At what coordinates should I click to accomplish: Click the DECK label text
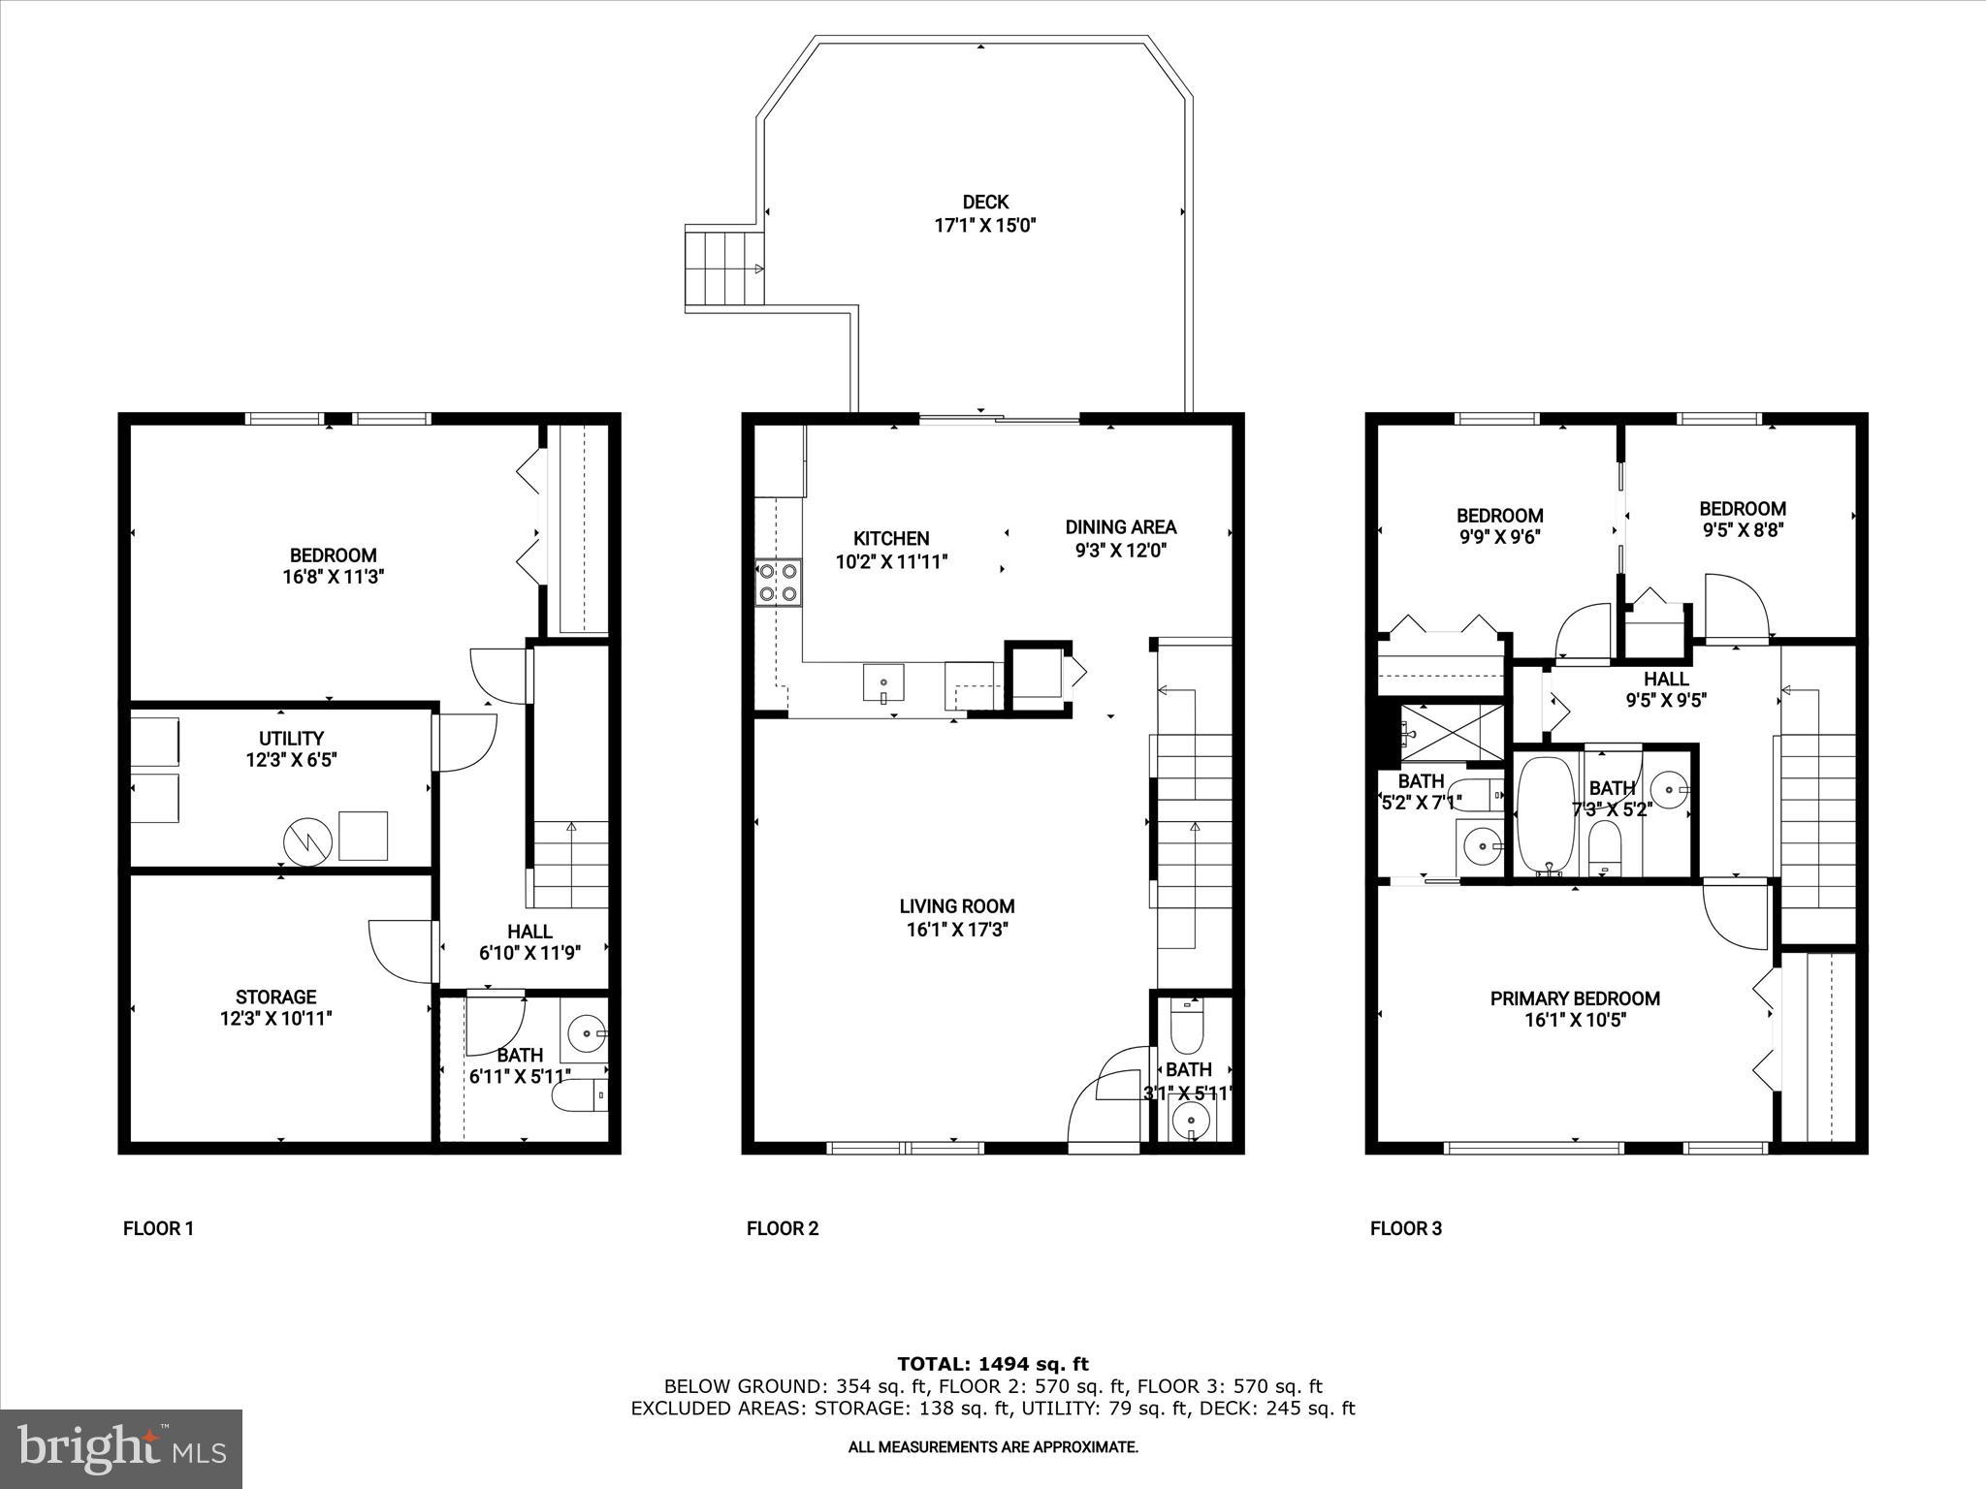pos(985,203)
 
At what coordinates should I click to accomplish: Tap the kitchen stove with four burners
pos(779,583)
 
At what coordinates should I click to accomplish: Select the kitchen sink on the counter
pos(883,681)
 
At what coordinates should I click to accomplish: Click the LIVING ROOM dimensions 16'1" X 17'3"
pos(956,930)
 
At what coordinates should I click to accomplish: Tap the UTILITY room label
pos(291,739)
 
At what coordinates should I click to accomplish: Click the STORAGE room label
pos(275,997)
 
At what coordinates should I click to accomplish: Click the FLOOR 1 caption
pos(158,1229)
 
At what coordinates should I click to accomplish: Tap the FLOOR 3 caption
pos(1405,1229)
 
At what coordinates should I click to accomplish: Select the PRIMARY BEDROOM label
pos(1575,998)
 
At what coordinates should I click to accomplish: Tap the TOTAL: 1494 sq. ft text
pos(992,1364)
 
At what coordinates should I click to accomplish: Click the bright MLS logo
pos(121,1448)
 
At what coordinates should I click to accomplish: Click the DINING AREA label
pos(1120,527)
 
